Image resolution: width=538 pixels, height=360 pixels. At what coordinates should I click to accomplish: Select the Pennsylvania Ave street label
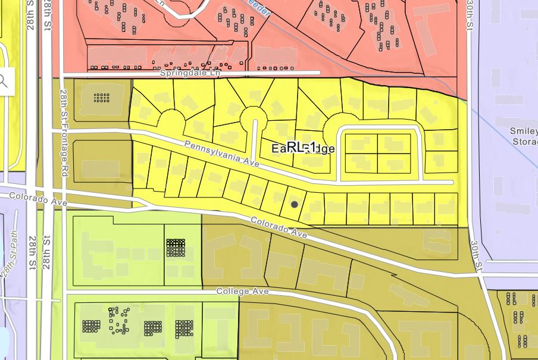[221, 153]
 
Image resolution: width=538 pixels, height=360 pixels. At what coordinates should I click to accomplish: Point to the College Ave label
[242, 292]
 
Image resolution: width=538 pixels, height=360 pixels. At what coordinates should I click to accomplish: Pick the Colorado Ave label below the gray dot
[279, 227]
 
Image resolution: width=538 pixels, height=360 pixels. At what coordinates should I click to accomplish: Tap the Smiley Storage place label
[524, 136]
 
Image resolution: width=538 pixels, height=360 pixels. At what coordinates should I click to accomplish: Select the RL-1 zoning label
[301, 147]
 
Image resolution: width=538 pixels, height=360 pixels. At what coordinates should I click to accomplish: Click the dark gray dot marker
[295, 205]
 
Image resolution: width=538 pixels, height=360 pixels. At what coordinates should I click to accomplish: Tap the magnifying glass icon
[4, 80]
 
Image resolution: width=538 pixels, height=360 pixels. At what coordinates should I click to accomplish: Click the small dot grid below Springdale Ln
[102, 97]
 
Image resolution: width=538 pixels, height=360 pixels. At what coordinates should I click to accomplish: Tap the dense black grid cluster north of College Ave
[176, 248]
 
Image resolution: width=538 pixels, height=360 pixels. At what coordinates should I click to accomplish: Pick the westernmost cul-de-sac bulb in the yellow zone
[171, 121]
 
